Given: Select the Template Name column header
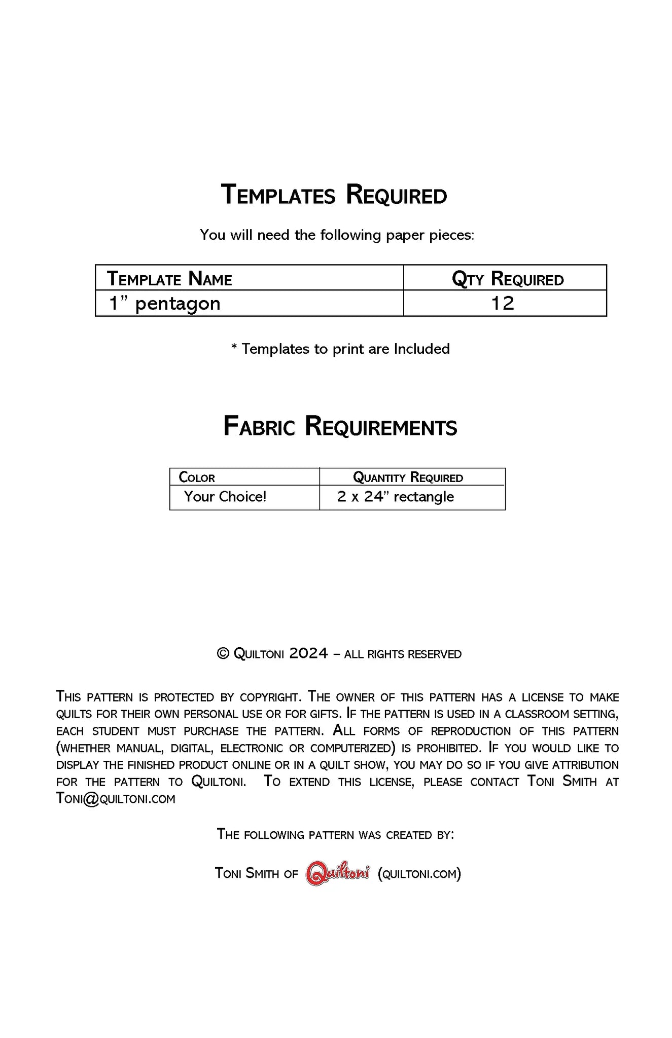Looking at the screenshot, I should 169,279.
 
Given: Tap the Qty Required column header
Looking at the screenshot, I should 507,279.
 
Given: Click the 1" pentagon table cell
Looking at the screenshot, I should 165,304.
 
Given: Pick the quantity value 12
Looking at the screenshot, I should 503,304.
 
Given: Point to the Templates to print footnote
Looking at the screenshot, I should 340,349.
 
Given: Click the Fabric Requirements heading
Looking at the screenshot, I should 340,427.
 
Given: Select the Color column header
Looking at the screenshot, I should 197,477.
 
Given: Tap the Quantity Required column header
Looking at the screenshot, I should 408,477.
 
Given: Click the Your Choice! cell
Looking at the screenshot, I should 225,497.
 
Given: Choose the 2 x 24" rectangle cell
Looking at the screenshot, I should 395,497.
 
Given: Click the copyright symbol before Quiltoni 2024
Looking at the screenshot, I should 223,654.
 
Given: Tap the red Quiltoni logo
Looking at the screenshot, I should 338,873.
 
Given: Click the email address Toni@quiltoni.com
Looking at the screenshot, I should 116,799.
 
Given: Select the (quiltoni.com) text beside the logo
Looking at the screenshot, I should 419,874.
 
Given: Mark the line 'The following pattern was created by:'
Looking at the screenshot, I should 335,834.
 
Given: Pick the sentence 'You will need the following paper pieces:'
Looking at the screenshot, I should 337,235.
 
